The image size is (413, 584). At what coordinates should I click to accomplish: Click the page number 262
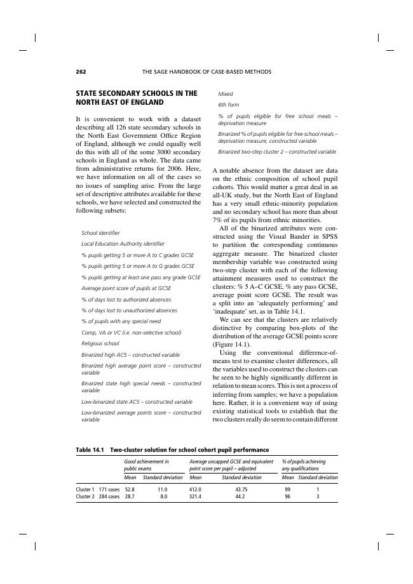tap(81, 71)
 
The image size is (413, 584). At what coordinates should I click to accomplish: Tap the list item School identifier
tap(100, 233)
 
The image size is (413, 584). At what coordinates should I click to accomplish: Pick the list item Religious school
tap(100, 343)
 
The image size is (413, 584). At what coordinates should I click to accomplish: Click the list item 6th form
tap(229, 105)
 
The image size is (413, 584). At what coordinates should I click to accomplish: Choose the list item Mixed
tap(226, 94)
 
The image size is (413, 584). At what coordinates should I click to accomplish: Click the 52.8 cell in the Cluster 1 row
tap(130, 490)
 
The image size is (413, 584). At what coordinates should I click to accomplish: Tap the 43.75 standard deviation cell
tap(241, 490)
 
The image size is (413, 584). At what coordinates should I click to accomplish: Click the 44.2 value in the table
tap(241, 497)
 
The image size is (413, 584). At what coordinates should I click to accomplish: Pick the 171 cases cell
tap(109, 490)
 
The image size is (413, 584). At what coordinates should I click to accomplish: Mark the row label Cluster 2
tap(85, 497)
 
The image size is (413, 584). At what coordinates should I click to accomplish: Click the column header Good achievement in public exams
tap(147, 465)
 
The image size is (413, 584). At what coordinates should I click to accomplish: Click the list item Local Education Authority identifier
tap(123, 244)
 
